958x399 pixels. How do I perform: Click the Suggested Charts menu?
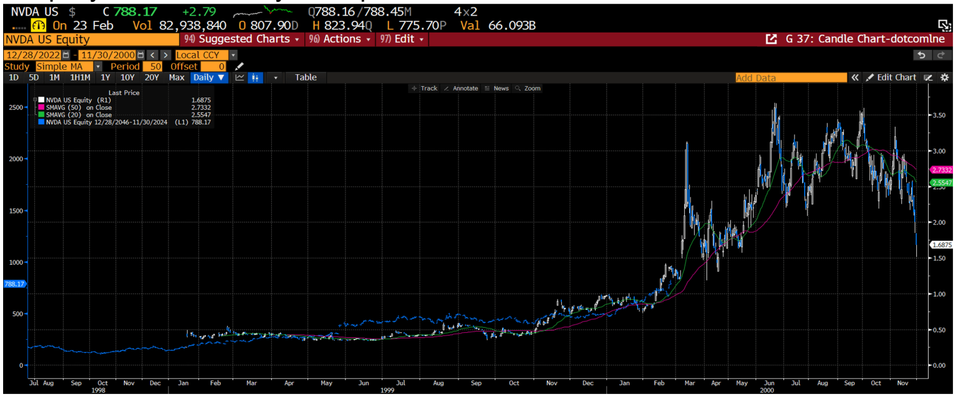[x=244, y=39]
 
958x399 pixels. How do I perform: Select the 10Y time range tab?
[x=127, y=77]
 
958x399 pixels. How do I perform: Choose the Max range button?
[x=177, y=77]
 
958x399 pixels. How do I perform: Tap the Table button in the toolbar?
[x=306, y=77]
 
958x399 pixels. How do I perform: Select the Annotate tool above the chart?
[x=461, y=89]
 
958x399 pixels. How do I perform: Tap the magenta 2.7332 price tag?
[x=941, y=170]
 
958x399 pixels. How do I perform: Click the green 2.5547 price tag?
[x=941, y=182]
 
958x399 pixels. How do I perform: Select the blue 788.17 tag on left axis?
[x=13, y=284]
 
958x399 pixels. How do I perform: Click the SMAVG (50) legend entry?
[x=79, y=107]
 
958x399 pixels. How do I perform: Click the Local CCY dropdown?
[x=206, y=55]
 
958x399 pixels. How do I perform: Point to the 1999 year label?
[x=387, y=390]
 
